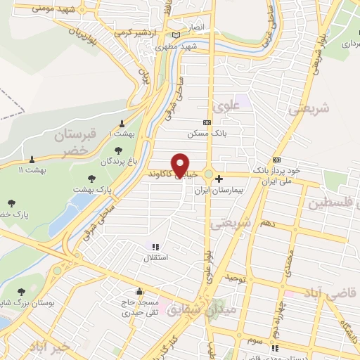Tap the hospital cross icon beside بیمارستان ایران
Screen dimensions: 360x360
(219, 179)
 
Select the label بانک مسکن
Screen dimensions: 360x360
(206, 133)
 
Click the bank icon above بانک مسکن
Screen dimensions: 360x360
(206, 122)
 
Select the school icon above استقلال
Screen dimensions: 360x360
(155, 247)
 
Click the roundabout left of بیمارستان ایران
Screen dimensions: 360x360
(209, 174)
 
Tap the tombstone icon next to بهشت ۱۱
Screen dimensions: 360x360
(32, 159)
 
